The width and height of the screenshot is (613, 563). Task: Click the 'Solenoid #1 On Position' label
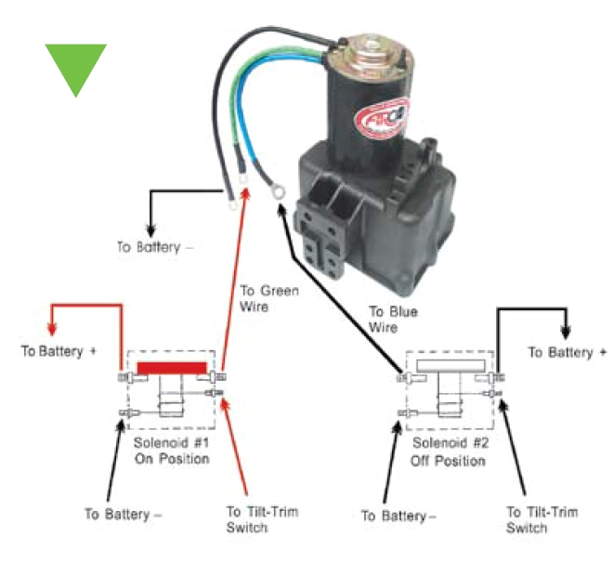172,451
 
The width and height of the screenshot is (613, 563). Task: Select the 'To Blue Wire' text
395,320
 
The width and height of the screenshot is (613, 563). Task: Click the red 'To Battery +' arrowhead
53,329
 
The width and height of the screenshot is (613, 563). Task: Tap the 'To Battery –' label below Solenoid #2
398,515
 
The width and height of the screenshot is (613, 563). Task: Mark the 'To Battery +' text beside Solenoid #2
567,353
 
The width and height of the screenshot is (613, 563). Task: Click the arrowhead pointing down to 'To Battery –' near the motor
149,229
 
